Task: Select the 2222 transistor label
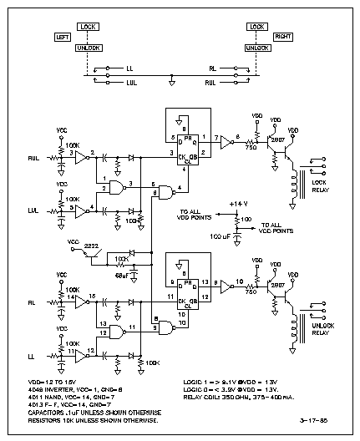pos(91,245)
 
